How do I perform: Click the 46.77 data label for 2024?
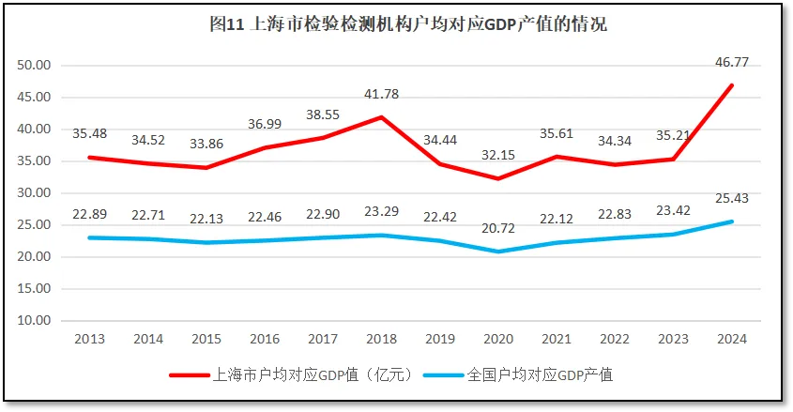pyautogui.click(x=730, y=63)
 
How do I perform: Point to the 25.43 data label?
pyautogui.click(x=730, y=199)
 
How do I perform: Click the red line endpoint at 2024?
pyautogui.click(x=732, y=85)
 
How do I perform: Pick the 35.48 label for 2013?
pyautogui.click(x=89, y=133)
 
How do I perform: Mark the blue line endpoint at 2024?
pyautogui.click(x=732, y=221)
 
